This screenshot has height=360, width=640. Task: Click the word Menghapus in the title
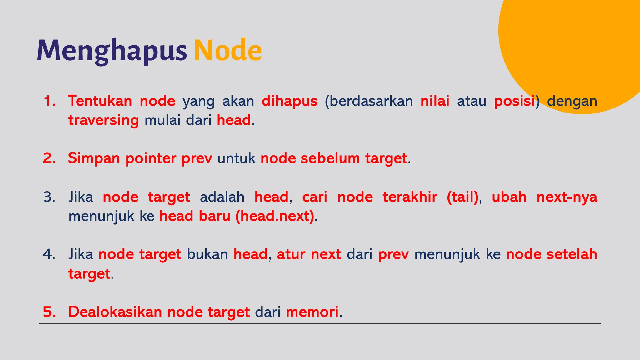coord(112,51)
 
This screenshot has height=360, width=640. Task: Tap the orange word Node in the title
coord(227,51)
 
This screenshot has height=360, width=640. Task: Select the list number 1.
coord(49,101)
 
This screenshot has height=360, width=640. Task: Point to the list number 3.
coord(49,197)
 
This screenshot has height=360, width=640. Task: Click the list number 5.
coord(49,312)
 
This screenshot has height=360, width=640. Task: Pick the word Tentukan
coord(100,101)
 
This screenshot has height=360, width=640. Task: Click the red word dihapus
coord(289,101)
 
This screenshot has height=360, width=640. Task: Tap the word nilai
coord(435,101)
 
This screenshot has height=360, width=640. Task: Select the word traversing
coord(103,120)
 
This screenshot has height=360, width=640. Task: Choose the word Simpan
coord(94,158)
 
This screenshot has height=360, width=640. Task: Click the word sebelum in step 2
coord(330,158)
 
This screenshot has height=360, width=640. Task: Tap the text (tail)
coord(462,197)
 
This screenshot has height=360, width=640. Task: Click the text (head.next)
coord(275,216)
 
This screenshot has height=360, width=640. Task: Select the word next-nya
coord(567,197)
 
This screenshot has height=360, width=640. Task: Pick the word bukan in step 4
coord(207,254)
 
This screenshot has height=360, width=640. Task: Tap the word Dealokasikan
coord(115,312)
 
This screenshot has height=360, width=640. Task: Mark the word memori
coord(312,312)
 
